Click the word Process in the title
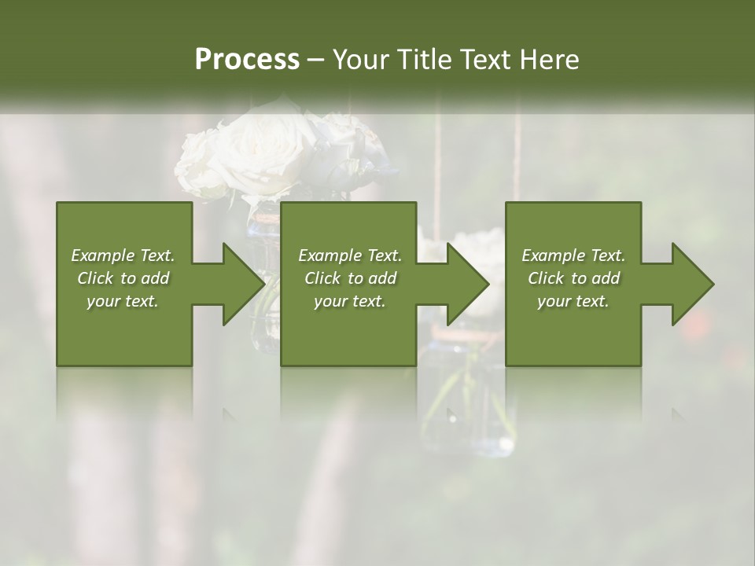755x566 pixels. coord(247,60)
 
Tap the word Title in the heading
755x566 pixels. coord(425,60)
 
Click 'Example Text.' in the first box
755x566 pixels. coord(123,255)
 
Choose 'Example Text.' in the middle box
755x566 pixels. coord(350,255)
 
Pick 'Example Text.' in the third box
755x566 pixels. coord(573,255)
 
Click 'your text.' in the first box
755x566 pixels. coord(123,301)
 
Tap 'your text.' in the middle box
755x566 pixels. coord(350,301)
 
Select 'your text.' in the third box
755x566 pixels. coord(573,301)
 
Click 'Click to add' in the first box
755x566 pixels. coord(123,278)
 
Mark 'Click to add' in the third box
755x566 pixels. coord(574,278)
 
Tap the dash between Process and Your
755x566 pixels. coord(315,61)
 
